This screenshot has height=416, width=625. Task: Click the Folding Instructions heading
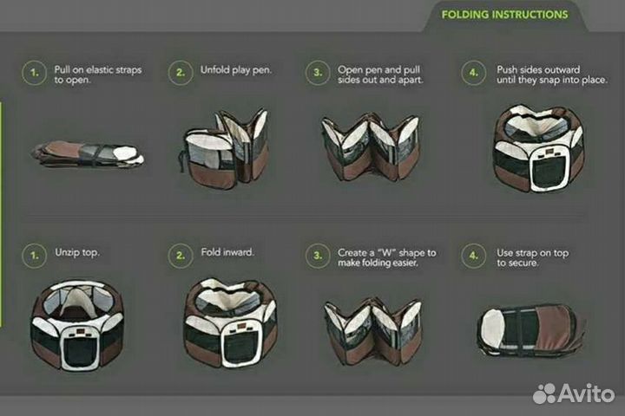(x=504, y=15)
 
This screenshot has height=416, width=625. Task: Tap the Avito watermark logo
(x=573, y=393)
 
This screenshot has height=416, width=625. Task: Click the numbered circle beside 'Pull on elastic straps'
(x=34, y=73)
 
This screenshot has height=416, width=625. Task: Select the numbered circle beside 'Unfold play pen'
(x=181, y=73)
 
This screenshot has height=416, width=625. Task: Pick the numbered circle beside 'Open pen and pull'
(x=318, y=73)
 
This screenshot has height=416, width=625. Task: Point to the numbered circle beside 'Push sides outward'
(x=474, y=73)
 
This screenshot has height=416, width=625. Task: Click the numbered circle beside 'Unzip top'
(x=34, y=256)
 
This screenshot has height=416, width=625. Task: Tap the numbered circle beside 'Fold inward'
(x=181, y=256)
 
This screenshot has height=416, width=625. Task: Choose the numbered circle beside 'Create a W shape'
(x=318, y=256)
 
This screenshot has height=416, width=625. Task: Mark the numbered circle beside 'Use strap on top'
(x=474, y=256)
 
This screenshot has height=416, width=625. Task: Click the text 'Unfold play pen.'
(x=236, y=70)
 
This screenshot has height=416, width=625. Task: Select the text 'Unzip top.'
(x=77, y=253)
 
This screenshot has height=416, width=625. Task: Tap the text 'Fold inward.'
(x=227, y=252)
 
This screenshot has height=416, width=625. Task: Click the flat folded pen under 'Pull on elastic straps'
(x=88, y=154)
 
